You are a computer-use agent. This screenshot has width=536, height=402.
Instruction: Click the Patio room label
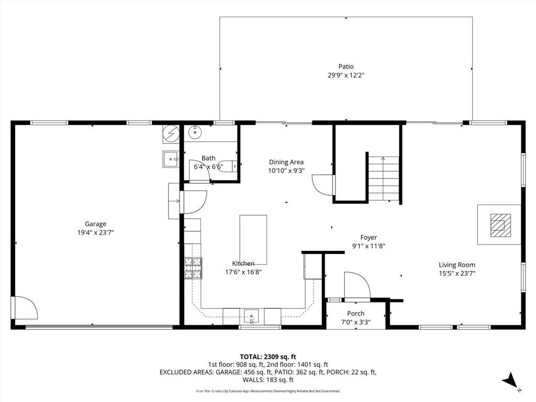coord(345,66)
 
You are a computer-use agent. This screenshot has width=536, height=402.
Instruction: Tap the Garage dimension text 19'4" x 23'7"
coord(96,232)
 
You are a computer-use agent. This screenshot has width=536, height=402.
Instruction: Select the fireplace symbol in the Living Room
coord(498,225)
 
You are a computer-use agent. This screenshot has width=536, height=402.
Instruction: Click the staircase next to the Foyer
coord(383,178)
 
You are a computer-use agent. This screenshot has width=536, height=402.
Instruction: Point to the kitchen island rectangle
coord(253,239)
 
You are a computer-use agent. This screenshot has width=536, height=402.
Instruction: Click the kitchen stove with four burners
coord(193,268)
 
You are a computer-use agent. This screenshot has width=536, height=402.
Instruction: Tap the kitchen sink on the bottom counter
coord(252,317)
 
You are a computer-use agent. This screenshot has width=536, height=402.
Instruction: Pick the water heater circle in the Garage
coord(171,134)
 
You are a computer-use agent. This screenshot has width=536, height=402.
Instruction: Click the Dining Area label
coord(286,162)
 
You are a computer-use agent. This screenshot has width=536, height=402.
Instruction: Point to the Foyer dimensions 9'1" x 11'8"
coord(368,246)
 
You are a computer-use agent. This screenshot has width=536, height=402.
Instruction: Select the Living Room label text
coord(457,265)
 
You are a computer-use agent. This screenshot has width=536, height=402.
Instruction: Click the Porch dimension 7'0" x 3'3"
coord(356,322)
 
